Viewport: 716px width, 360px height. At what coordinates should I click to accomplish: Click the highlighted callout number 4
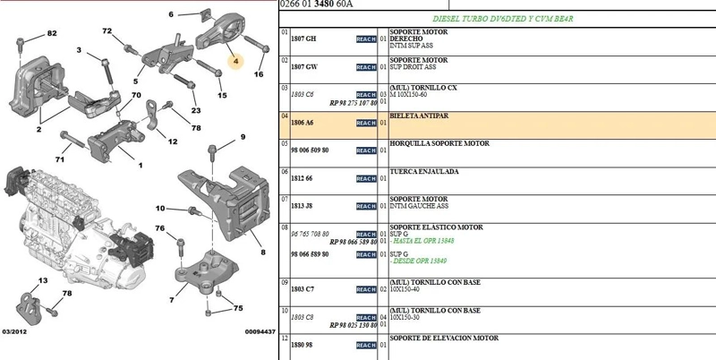click(x=235, y=61)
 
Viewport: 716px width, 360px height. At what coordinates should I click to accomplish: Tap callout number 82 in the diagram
click(x=52, y=33)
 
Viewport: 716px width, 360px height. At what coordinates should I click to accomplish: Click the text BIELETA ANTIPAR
click(x=419, y=116)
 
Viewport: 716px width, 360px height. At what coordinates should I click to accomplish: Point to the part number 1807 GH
click(x=303, y=39)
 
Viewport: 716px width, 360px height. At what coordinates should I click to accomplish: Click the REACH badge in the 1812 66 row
click(x=366, y=178)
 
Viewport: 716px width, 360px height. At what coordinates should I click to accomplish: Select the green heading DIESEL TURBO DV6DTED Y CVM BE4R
click(x=503, y=19)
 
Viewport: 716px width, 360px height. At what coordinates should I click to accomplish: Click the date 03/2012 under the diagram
click(x=14, y=331)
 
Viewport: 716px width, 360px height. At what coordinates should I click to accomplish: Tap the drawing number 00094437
click(x=260, y=331)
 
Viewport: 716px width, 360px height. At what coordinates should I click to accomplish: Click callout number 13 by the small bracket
click(x=42, y=280)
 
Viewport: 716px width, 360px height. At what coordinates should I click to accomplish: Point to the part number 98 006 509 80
click(x=310, y=150)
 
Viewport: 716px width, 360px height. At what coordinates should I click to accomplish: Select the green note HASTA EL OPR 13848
click(x=423, y=241)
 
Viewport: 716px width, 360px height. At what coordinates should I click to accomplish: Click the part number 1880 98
click(x=302, y=345)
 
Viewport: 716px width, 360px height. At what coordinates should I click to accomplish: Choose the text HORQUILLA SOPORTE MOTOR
click(x=439, y=143)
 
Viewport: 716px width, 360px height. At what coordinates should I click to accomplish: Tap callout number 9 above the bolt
click(x=243, y=137)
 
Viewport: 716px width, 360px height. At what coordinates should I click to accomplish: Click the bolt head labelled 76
click(x=181, y=242)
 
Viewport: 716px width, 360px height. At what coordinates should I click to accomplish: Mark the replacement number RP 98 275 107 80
click(x=353, y=103)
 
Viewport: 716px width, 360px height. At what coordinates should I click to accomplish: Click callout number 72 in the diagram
click(x=107, y=31)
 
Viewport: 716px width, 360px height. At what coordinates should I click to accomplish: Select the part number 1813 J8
click(x=302, y=206)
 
